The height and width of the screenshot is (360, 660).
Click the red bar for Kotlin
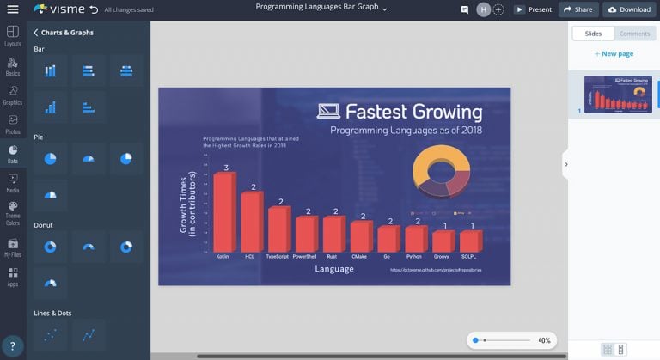223,211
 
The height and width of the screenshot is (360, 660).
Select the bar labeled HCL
250,221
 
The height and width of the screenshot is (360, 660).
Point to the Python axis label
414,255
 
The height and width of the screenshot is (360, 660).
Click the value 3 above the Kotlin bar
226,168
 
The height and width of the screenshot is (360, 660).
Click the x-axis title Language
334,269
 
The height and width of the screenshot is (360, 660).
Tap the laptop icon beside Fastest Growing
328,111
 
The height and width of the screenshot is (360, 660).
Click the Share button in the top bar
577,9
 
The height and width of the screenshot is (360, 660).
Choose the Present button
533,9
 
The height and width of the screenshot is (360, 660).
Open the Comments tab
634,34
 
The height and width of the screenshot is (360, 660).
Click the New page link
614,53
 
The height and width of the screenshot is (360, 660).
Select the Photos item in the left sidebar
13,125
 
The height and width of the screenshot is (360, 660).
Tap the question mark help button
12,346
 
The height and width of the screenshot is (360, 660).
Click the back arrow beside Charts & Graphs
36,33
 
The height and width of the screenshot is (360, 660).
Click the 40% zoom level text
544,340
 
